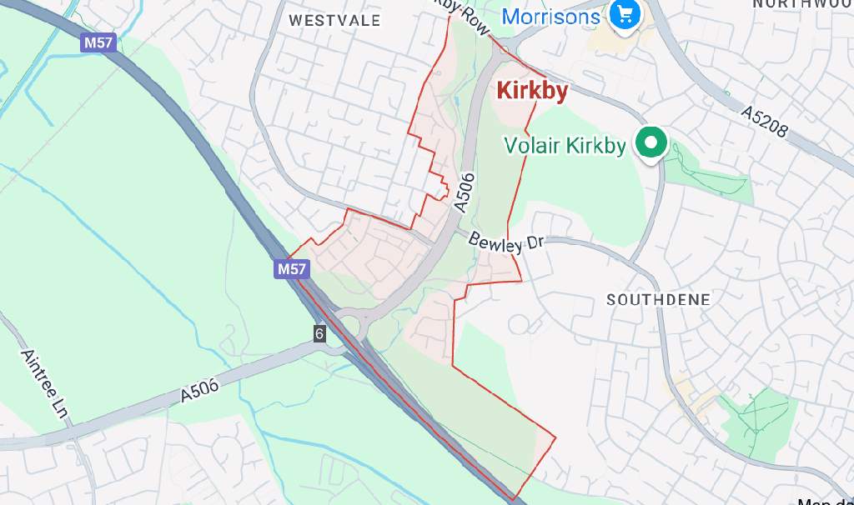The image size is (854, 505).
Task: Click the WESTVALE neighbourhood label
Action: pos(334,20)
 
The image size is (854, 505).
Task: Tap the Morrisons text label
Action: pos(551,16)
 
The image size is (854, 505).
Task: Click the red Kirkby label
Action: pos(532,91)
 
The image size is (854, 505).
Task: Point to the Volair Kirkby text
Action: pos(565,146)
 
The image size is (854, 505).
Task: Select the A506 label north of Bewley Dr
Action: pos(465,191)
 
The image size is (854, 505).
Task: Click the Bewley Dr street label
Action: pos(505,242)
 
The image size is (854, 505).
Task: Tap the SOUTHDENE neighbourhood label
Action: pos(658,300)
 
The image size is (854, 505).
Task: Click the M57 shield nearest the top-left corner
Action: pos(98,42)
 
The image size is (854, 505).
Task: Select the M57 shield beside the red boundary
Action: pos(292,269)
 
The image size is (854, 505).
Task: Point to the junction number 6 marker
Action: pos(319,333)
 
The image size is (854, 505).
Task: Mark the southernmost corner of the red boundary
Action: pos(512,500)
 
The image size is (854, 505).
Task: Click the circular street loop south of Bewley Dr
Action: pos(519,324)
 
